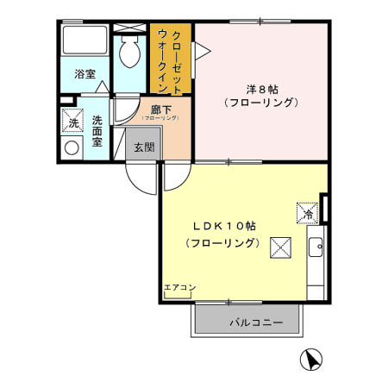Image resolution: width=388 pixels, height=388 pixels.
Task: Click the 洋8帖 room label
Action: (x=260, y=88)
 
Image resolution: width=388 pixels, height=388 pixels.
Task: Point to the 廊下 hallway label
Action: (x=160, y=110)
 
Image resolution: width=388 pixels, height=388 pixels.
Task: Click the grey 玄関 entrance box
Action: (x=143, y=147)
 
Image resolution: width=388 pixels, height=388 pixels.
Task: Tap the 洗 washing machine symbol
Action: (x=73, y=122)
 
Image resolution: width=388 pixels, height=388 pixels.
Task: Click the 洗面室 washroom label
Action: (x=97, y=131)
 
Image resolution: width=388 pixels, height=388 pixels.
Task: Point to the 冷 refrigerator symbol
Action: (x=307, y=212)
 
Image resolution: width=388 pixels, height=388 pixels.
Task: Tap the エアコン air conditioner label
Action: (x=180, y=287)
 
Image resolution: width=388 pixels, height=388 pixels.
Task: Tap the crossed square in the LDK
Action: (x=281, y=249)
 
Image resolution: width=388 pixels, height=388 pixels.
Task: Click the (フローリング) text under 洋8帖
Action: (x=260, y=103)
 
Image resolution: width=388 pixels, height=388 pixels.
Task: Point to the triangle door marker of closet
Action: (x=198, y=52)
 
